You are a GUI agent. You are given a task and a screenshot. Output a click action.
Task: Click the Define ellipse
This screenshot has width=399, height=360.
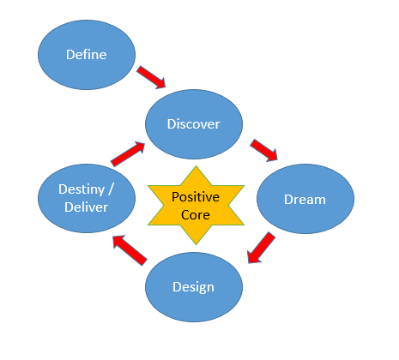tap(87, 55)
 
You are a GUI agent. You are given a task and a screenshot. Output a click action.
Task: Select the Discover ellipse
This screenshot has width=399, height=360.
tap(194, 124)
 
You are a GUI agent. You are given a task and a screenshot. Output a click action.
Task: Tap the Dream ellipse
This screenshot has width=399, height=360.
tap(305, 200)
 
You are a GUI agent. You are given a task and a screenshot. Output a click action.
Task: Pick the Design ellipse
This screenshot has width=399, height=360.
tap(194, 286)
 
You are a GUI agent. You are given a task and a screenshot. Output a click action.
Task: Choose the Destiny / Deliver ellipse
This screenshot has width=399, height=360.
tap(87, 200)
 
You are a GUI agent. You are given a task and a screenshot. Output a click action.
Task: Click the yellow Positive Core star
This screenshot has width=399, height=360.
tap(196, 204)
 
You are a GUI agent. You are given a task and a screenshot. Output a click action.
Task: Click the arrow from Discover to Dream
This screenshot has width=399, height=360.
tap(264, 150)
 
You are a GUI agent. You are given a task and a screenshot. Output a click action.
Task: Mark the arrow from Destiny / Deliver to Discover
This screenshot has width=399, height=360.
tap(126, 153)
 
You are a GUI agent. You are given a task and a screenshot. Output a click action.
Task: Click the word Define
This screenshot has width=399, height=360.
tap(87, 55)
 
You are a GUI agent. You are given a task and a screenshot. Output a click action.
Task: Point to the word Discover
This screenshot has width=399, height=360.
tap(194, 124)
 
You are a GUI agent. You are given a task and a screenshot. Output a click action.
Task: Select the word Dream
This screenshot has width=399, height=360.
tap(305, 200)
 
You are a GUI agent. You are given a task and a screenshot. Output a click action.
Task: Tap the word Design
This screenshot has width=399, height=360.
tap(194, 286)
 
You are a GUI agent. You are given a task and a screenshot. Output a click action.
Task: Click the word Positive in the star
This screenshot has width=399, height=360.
tap(196, 196)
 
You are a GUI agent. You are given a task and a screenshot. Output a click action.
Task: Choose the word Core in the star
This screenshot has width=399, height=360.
tap(196, 213)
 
